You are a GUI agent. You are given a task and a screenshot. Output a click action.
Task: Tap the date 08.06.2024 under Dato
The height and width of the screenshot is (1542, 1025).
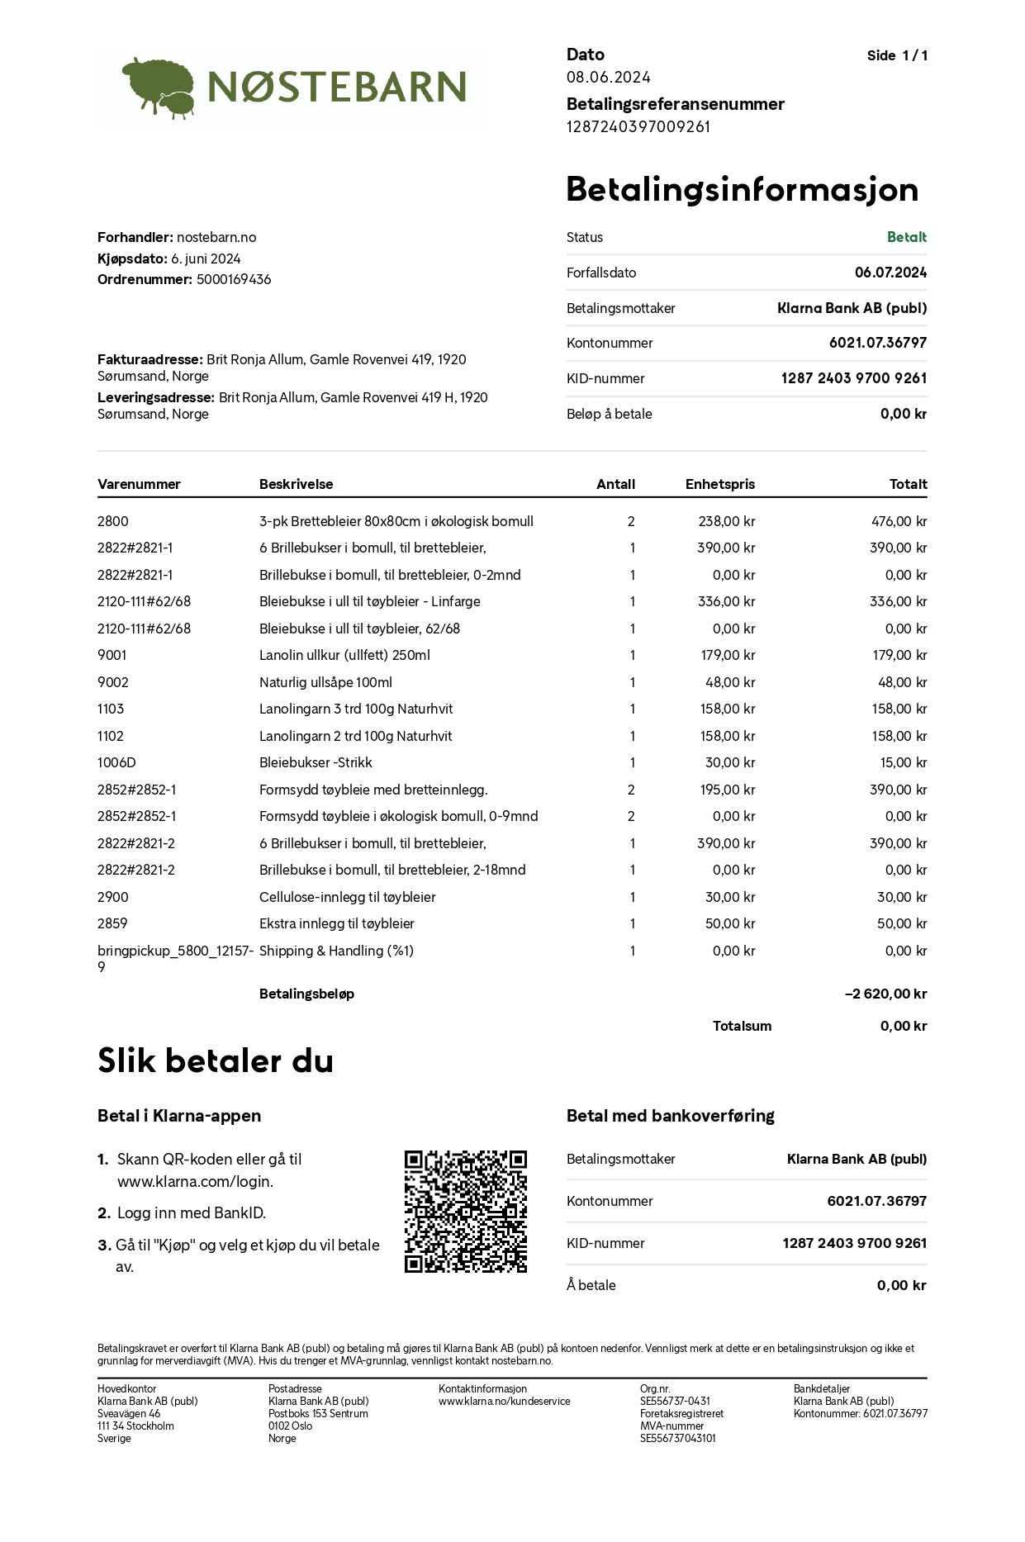click(x=608, y=77)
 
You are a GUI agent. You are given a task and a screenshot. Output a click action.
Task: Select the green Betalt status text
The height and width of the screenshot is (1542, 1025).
click(x=906, y=237)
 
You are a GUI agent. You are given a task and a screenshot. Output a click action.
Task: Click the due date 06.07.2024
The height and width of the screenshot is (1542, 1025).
click(x=890, y=273)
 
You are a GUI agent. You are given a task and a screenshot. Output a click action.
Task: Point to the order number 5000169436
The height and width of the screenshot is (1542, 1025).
click(x=234, y=279)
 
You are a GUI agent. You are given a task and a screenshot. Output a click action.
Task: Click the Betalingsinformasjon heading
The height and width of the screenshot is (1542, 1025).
click(x=742, y=189)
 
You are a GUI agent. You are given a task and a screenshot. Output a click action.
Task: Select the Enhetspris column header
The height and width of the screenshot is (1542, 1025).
click(x=719, y=484)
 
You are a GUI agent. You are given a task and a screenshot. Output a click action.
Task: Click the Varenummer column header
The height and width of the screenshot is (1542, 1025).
click(x=139, y=484)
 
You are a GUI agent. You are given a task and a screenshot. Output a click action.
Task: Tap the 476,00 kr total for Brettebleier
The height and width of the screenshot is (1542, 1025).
click(x=899, y=521)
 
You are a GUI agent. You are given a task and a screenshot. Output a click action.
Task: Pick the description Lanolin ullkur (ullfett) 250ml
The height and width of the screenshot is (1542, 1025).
click(x=344, y=655)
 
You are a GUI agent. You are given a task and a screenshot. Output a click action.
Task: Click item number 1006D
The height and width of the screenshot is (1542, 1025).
click(x=116, y=762)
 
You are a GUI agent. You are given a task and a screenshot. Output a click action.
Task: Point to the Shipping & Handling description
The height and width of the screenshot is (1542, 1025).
click(x=336, y=951)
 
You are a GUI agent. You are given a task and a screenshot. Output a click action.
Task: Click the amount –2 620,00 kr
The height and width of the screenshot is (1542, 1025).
click(x=885, y=994)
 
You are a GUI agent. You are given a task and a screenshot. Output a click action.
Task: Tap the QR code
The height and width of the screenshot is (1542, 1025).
click(x=465, y=1211)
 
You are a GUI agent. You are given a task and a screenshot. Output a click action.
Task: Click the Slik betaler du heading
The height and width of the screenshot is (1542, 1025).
click(x=216, y=1060)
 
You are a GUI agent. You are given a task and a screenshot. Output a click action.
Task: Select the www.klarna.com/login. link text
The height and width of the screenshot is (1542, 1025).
click(x=195, y=1181)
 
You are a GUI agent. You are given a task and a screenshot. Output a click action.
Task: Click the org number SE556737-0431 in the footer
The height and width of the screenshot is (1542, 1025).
click(x=675, y=1401)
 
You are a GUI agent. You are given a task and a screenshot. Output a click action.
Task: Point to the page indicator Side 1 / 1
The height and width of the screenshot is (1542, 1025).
click(x=897, y=55)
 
